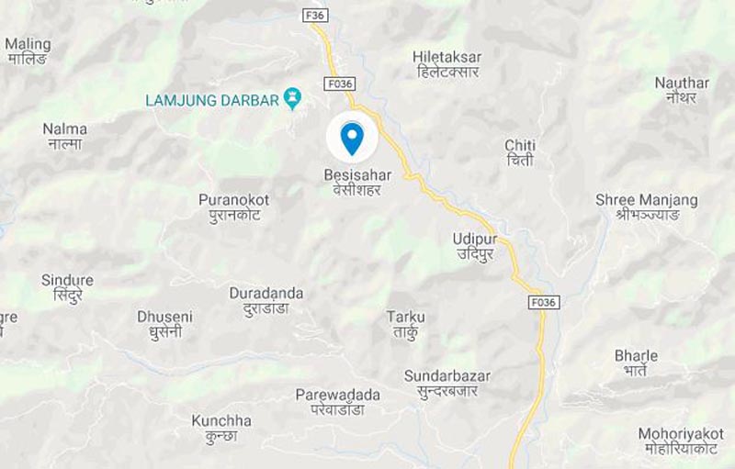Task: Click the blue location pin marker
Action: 352,138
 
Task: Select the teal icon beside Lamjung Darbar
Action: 293,96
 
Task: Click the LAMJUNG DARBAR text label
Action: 212,100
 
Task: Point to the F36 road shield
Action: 315,15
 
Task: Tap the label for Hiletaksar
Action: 448,63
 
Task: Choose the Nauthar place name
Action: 682,89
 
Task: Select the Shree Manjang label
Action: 646,207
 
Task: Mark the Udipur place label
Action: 475,245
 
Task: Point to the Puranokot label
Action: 234,207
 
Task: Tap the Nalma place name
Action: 65,136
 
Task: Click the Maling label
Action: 28,50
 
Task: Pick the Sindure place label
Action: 67,287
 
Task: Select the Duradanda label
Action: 266,300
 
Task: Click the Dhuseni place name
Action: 165,323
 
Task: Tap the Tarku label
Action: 405,324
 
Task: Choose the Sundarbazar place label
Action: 447,383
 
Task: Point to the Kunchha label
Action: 221,428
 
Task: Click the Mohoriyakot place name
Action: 681,441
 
